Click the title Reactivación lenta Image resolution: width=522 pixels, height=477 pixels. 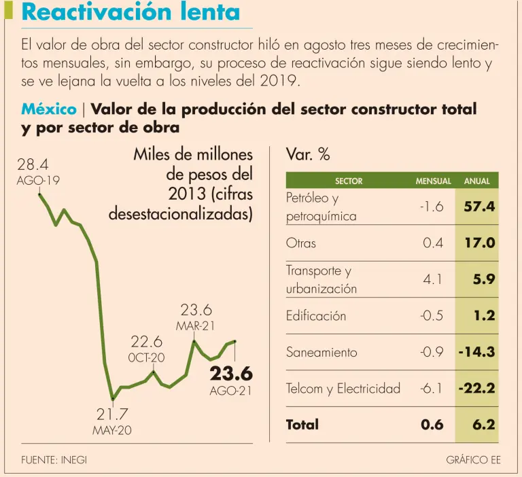point(130,12)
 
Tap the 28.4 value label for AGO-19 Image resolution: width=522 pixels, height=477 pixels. point(32,164)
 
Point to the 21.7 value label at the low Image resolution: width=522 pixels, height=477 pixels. point(112,414)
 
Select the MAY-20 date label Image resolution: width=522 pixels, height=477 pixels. point(112,431)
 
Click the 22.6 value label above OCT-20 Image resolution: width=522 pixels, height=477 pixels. point(147,341)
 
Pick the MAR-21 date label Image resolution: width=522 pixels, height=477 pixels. point(196,326)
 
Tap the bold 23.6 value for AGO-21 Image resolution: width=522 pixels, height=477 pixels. point(231,374)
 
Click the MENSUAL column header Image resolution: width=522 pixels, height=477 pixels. point(433,181)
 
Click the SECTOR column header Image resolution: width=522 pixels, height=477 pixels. point(349,181)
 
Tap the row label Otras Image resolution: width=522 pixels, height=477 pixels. point(301,243)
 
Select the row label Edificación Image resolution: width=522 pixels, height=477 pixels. point(316,315)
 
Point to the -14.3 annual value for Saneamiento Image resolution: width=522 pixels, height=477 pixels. point(476,352)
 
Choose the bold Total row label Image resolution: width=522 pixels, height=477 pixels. point(302,425)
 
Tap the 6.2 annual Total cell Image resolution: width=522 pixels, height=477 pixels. point(483,425)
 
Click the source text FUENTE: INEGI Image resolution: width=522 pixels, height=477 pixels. point(54,460)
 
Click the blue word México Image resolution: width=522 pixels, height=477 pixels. point(48,109)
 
